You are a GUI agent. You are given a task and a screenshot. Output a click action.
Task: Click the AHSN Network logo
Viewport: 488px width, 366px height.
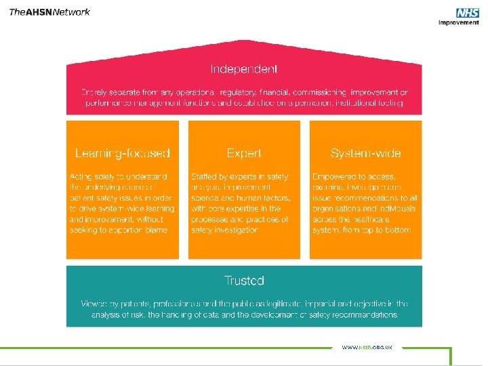pos(49,12)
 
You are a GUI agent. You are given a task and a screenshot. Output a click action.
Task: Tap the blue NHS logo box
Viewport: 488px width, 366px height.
pos(468,13)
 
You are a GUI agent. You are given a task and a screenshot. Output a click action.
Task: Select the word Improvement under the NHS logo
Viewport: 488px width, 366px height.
pos(459,22)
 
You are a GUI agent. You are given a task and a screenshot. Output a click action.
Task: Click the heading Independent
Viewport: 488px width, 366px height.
pos(243,69)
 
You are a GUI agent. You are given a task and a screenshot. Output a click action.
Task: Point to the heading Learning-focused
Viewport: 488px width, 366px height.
pos(123,153)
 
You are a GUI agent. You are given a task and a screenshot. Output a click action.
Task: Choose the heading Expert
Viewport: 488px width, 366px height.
pos(244,153)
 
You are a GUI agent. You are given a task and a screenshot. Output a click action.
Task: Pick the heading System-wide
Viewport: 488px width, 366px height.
pos(365,153)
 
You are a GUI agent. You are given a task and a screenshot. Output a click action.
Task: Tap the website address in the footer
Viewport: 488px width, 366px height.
pos(368,347)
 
